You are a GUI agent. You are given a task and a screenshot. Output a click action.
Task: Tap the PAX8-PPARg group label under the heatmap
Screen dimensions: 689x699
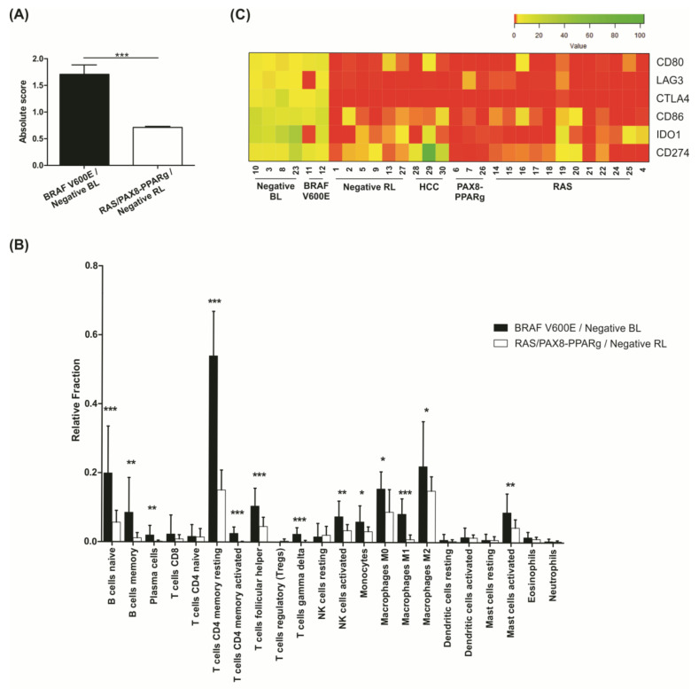pyautogui.click(x=471, y=217)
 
